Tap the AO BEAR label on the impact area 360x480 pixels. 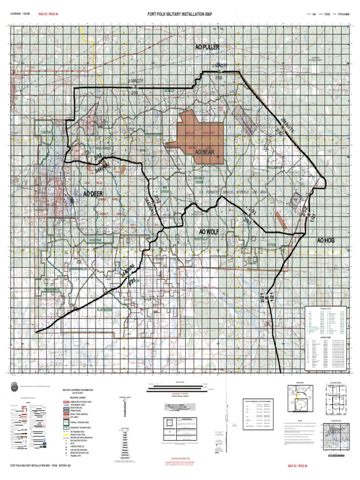pos(204,153)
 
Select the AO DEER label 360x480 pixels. pos(93,194)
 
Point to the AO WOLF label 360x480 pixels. pos(209,232)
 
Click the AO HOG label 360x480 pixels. pos(325,240)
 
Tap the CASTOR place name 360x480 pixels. pos(46,133)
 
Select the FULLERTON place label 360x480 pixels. pos(275,167)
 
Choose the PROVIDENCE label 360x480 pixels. pos(52,290)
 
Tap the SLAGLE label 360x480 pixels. pos(169,90)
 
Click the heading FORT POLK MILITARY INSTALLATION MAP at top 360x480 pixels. pos(180,15)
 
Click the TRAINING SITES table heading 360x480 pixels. pos(325,308)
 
